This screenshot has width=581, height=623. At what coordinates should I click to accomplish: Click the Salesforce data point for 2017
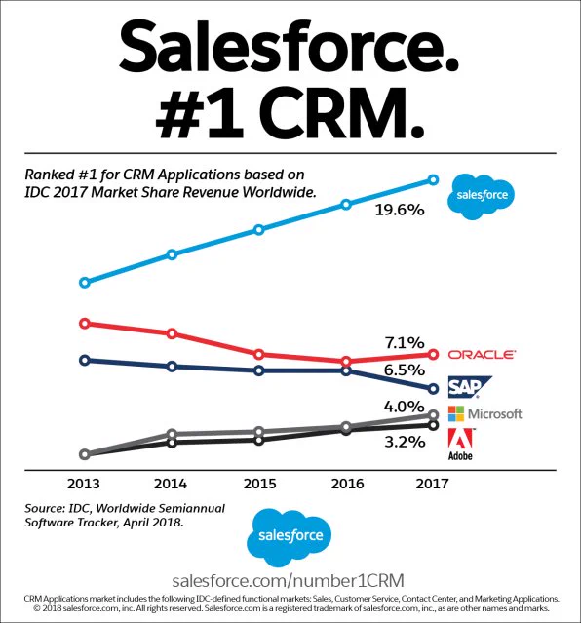coord(433,180)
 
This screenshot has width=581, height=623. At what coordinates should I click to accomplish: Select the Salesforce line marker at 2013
coord(84,283)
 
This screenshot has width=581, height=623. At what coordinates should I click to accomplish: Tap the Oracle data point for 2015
coord(258,354)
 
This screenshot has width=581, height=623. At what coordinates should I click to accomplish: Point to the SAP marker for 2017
coord(433,389)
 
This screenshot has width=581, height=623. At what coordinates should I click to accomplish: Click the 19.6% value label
coord(400,210)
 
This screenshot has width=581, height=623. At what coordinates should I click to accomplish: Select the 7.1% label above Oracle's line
coord(405,342)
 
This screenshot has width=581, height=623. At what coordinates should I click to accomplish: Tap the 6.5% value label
coord(405,370)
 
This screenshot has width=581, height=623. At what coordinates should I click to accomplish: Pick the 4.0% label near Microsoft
coord(405,406)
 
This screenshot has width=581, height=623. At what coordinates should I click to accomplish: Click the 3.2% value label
coord(405,442)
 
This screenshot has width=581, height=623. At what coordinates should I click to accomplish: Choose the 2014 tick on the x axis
coord(171,484)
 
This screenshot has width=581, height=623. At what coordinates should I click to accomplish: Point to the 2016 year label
coord(347,484)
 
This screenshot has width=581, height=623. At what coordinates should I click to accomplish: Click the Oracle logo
coord(482,355)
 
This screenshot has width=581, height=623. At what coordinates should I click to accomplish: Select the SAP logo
coord(469,387)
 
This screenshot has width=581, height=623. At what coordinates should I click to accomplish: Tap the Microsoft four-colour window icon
coord(456,413)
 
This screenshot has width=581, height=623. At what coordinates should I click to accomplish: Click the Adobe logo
coord(461,445)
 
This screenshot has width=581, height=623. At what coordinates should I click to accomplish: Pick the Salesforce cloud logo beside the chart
coord(482,196)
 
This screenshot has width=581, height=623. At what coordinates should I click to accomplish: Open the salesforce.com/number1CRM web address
coord(289,580)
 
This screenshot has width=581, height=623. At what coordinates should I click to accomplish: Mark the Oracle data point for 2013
coord(84,323)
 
